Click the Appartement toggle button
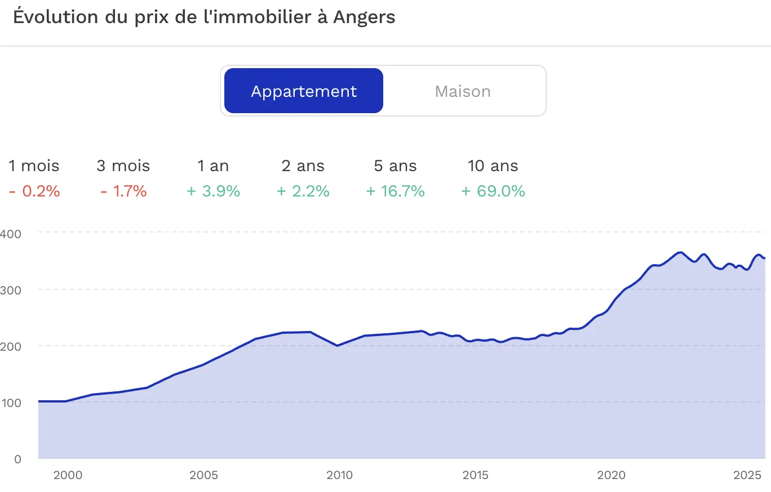click(304, 91)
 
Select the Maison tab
click(463, 91)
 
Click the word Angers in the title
click(364, 17)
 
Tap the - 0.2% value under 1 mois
click(34, 191)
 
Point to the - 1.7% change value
click(123, 191)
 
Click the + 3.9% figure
click(214, 191)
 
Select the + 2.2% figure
click(303, 191)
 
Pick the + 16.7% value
click(395, 191)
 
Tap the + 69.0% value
click(493, 191)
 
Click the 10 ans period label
click(493, 166)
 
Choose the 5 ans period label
click(395, 166)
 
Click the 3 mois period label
click(123, 166)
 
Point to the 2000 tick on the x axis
click(68, 475)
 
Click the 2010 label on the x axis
click(339, 475)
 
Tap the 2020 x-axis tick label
click(611, 475)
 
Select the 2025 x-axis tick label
click(747, 475)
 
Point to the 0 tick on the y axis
click(18, 459)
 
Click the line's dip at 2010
click(338, 346)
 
